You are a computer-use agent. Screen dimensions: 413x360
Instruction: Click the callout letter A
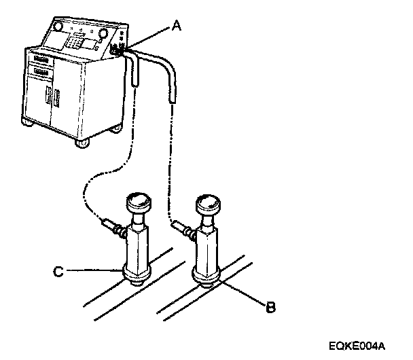pos(177,26)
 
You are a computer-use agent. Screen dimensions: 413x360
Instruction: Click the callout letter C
pos(59,272)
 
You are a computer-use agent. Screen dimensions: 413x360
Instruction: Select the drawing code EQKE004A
pos(367,345)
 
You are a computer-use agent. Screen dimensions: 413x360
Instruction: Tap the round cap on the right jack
pos(209,203)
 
